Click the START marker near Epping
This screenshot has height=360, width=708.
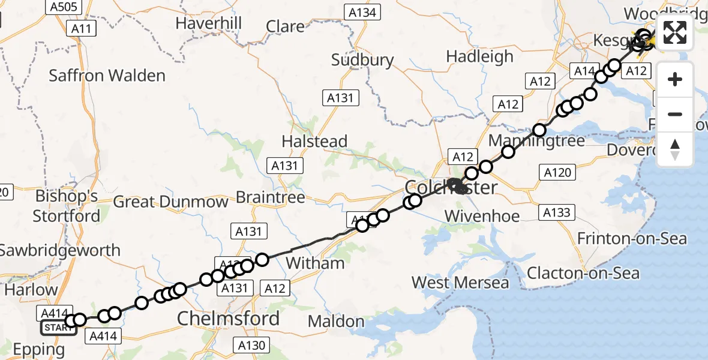click(x=58, y=328)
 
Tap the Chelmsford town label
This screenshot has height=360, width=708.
click(x=229, y=319)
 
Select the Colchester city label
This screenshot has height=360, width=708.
click(x=451, y=187)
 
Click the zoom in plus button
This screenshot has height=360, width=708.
click(x=675, y=79)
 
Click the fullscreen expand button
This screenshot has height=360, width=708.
click(x=675, y=32)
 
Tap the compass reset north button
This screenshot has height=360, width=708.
click(x=675, y=149)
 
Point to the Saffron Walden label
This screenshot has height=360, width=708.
click(x=107, y=76)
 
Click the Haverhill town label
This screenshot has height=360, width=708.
click(x=209, y=23)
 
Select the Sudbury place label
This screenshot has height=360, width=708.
click(x=362, y=60)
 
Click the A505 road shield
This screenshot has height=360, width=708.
click(x=64, y=7)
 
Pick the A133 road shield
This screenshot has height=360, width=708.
click(x=557, y=212)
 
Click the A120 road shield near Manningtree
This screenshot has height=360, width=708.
click(x=557, y=173)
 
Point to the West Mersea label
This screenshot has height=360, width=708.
click(x=460, y=282)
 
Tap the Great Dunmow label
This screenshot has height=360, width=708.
click(x=170, y=201)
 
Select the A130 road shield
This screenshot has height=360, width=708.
click(x=251, y=345)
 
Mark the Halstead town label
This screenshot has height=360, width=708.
click(x=315, y=142)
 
